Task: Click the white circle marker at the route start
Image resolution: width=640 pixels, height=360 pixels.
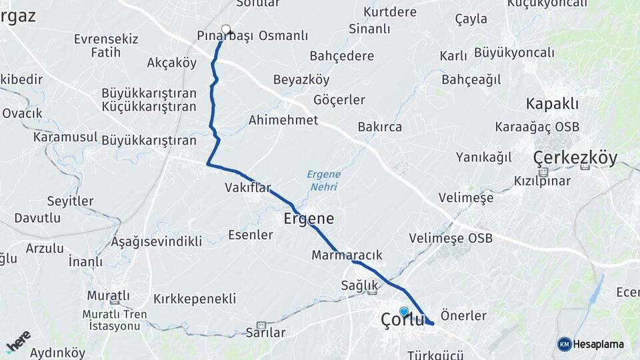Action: coord(226,29)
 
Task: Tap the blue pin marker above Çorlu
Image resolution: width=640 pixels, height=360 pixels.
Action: coord(403,311)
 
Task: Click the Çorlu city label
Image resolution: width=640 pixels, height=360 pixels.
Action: coord(402,320)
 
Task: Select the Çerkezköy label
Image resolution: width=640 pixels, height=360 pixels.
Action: coord(575,158)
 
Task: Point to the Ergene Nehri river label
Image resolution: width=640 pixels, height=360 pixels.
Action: coord(323,181)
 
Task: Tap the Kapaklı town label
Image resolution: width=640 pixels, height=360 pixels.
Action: coord(552,104)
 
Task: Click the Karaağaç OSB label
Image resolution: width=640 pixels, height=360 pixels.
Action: coord(537,127)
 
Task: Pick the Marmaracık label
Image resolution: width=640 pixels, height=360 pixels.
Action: coord(347,255)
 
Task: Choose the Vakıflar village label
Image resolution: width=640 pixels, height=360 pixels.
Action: coord(248,188)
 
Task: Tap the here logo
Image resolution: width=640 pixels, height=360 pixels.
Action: coord(18,341)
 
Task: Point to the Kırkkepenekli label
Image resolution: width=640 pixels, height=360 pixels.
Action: coord(195,298)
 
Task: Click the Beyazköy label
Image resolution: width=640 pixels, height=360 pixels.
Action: coord(301,80)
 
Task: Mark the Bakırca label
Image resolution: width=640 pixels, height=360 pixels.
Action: coord(379,126)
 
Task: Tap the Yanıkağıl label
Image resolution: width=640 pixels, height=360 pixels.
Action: coord(483,157)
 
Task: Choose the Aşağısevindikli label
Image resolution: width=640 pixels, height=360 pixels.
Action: coord(157,241)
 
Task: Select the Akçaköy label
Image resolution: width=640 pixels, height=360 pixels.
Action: coord(172,63)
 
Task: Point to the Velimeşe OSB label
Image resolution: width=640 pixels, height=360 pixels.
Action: coord(451,238)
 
